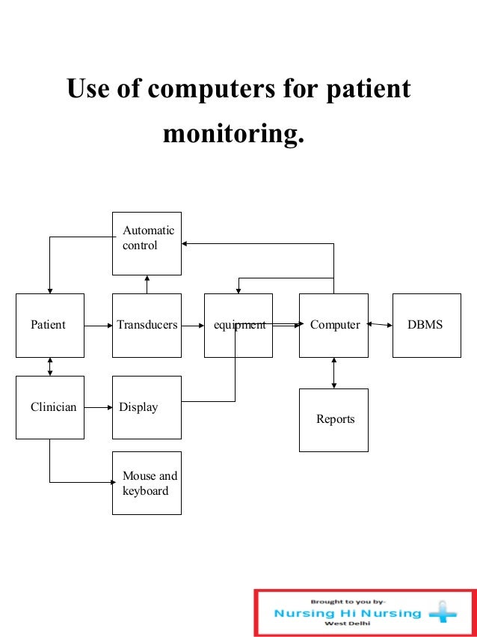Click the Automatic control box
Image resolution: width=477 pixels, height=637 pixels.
click(x=147, y=243)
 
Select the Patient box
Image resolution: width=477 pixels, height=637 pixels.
click(x=50, y=325)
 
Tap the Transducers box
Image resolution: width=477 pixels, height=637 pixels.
click(x=147, y=325)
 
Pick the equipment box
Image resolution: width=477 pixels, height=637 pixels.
click(x=238, y=325)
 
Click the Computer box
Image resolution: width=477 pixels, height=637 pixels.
click(x=333, y=325)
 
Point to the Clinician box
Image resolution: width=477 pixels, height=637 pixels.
click(x=50, y=407)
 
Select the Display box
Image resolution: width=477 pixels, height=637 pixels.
click(x=147, y=407)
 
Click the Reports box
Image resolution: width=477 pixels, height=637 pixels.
click(x=333, y=419)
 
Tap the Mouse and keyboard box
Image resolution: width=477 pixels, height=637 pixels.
click(x=147, y=483)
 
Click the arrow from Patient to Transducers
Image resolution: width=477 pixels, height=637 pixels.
click(x=98, y=326)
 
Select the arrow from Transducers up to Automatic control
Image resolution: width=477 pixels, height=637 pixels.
click(x=147, y=284)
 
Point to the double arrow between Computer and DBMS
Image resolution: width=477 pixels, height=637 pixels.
click(x=381, y=325)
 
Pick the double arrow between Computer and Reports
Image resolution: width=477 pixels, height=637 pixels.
click(x=333, y=373)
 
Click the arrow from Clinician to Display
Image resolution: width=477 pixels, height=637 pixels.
click(x=98, y=407)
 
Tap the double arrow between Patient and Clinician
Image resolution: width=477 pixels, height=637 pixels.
click(x=50, y=366)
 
